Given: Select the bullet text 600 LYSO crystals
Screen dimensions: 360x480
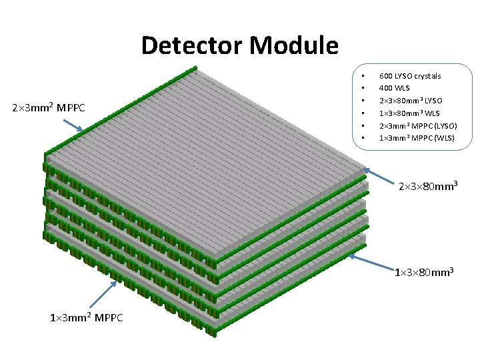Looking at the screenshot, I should (x=410, y=76).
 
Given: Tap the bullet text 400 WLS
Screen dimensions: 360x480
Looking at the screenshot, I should (x=394, y=88).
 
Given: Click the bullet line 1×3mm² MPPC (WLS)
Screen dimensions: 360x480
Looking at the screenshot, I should (x=417, y=138).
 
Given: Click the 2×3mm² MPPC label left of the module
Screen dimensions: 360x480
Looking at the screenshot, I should (x=49, y=107).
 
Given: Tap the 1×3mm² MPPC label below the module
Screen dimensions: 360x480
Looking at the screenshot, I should (x=87, y=317).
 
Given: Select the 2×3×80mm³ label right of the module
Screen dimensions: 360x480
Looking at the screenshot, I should (x=427, y=186).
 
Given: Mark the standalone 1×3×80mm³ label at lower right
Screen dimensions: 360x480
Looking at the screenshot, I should (x=425, y=272).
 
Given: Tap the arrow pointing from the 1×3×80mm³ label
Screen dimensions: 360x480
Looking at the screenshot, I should (x=370, y=261).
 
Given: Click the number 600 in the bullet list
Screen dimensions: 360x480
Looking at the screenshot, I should (x=385, y=76).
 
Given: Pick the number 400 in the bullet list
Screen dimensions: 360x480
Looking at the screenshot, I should (x=385, y=88).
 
